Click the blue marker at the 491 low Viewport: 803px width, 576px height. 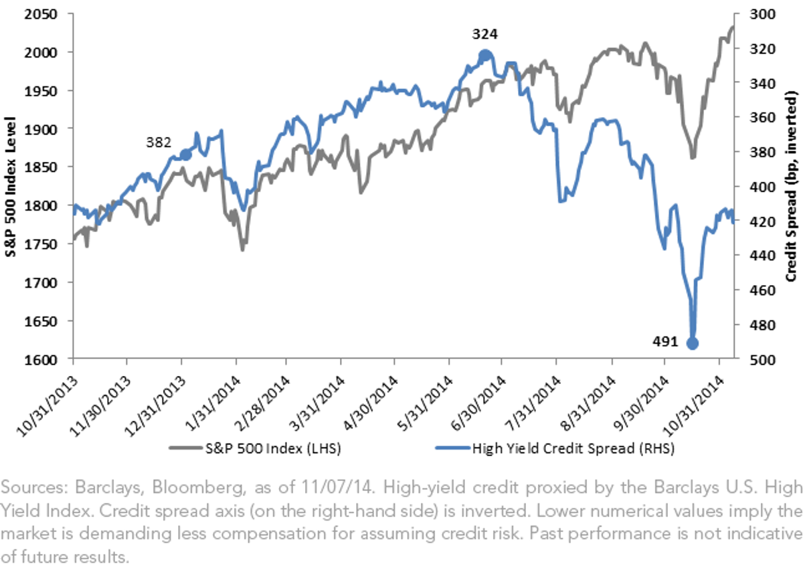(692, 343)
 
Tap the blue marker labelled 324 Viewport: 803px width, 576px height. (485, 56)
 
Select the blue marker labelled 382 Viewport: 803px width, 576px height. (186, 155)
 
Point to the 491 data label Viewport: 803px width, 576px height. (665, 342)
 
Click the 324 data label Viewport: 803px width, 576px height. (485, 34)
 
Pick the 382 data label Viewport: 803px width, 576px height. (159, 142)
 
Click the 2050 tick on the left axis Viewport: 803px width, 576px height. (41, 14)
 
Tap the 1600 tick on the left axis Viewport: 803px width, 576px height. (41, 360)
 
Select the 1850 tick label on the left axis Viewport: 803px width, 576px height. (41, 167)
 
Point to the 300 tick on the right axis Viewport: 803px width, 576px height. (763, 14)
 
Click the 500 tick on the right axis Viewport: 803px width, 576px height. (763, 360)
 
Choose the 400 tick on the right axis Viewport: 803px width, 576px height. (763, 187)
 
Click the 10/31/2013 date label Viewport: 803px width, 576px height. (48, 406)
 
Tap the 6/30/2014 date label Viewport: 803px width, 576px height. (478, 403)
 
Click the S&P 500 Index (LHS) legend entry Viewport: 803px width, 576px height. (255, 448)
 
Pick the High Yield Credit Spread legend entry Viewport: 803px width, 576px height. (555, 448)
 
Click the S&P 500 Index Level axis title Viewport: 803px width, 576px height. (11, 187)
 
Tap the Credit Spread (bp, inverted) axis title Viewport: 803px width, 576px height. (791, 186)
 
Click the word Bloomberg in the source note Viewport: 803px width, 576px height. (199, 488)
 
